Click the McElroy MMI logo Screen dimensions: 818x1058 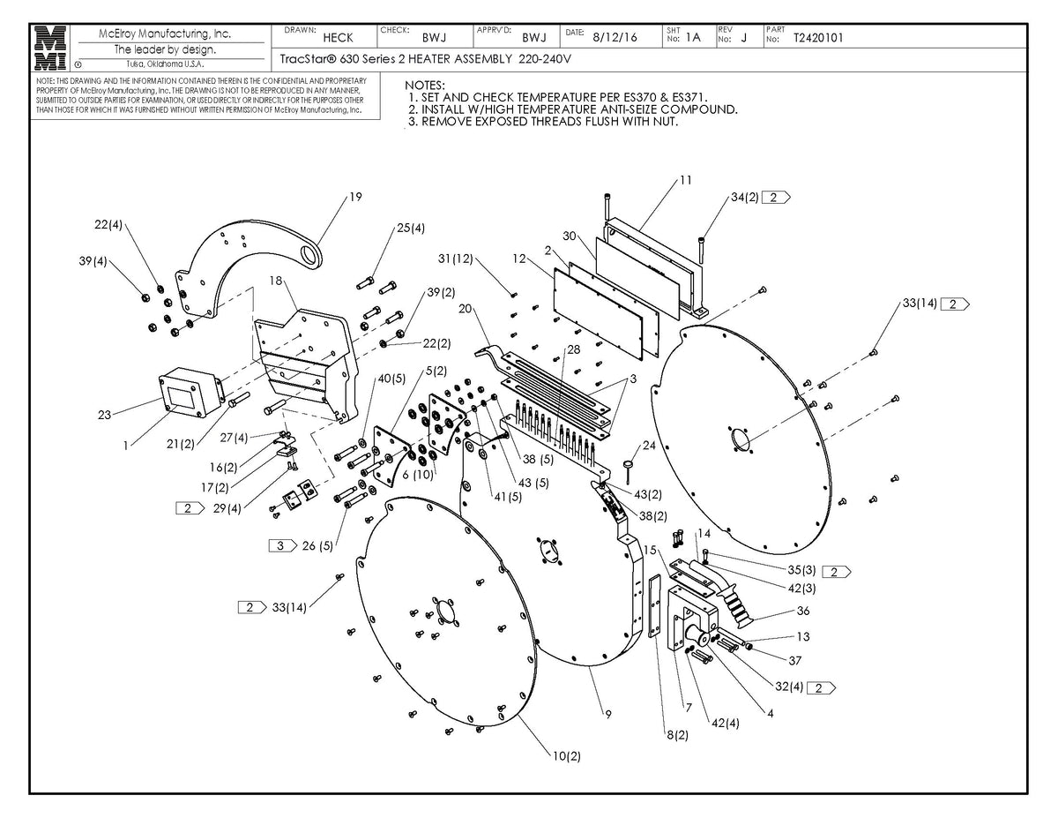pyautogui.click(x=49, y=48)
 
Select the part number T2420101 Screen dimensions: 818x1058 pyautogui.click(x=818, y=38)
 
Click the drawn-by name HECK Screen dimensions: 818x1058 pyautogui.click(x=338, y=38)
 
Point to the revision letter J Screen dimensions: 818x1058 pyautogui.click(x=744, y=38)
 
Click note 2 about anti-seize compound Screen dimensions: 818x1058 pyautogui.click(x=572, y=109)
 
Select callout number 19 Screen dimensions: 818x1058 pyautogui.click(x=355, y=198)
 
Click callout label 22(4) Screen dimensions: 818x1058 pyautogui.click(x=108, y=226)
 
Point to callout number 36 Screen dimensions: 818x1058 pyautogui.click(x=802, y=611)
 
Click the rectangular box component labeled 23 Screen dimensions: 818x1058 pyautogui.click(x=187, y=393)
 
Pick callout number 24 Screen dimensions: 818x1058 pyautogui.click(x=650, y=445)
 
